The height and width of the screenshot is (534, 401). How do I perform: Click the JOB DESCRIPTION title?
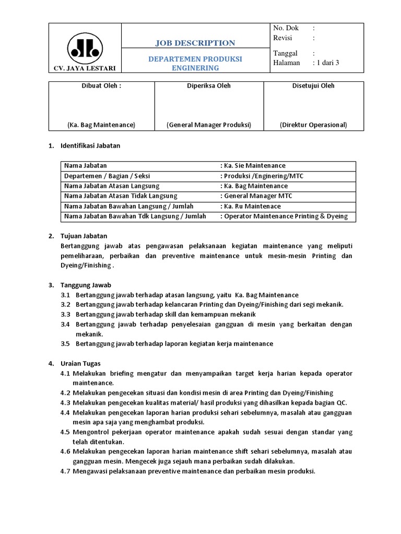195,43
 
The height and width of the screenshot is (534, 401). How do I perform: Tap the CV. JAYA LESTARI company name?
85,68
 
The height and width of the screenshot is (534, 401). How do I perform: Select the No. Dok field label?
286,28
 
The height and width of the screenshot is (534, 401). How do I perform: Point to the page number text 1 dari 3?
326,63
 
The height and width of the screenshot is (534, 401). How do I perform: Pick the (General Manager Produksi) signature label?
209,125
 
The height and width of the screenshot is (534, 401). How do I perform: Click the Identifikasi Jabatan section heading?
91,145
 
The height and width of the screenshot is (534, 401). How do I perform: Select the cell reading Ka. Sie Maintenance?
254,166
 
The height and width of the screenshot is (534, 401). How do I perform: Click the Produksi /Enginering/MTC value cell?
262,176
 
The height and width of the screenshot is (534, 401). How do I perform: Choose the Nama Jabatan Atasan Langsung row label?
112,186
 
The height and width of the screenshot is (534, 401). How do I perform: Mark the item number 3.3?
65,314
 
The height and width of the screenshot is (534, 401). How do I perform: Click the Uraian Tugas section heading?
82,363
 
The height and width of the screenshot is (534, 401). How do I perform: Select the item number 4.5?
65,432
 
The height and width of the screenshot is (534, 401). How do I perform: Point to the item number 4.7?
65,471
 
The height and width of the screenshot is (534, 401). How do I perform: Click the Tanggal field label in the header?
285,53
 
